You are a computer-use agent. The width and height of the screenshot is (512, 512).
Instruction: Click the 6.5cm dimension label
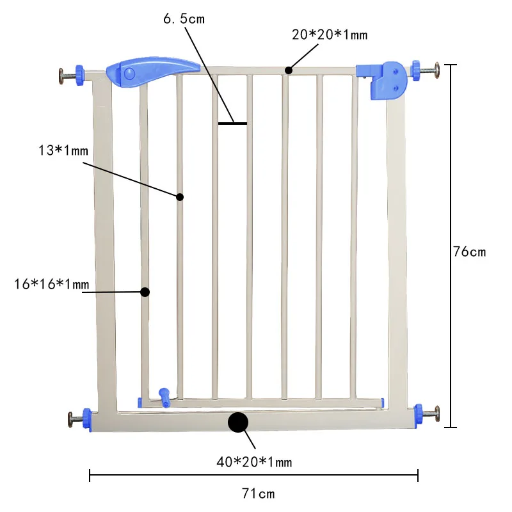click(184, 19)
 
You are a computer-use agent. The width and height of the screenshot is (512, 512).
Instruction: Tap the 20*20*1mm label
click(330, 35)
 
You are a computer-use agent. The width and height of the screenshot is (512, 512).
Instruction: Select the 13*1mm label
click(63, 150)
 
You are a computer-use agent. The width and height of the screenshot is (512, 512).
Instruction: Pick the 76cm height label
click(469, 252)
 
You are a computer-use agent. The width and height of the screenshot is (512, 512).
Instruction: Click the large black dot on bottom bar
click(238, 422)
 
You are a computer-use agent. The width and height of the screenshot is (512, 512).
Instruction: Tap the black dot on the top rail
click(289, 70)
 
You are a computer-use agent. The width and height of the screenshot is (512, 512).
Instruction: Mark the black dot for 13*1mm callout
click(180, 196)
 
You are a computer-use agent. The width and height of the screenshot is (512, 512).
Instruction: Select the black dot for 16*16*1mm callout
click(145, 292)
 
